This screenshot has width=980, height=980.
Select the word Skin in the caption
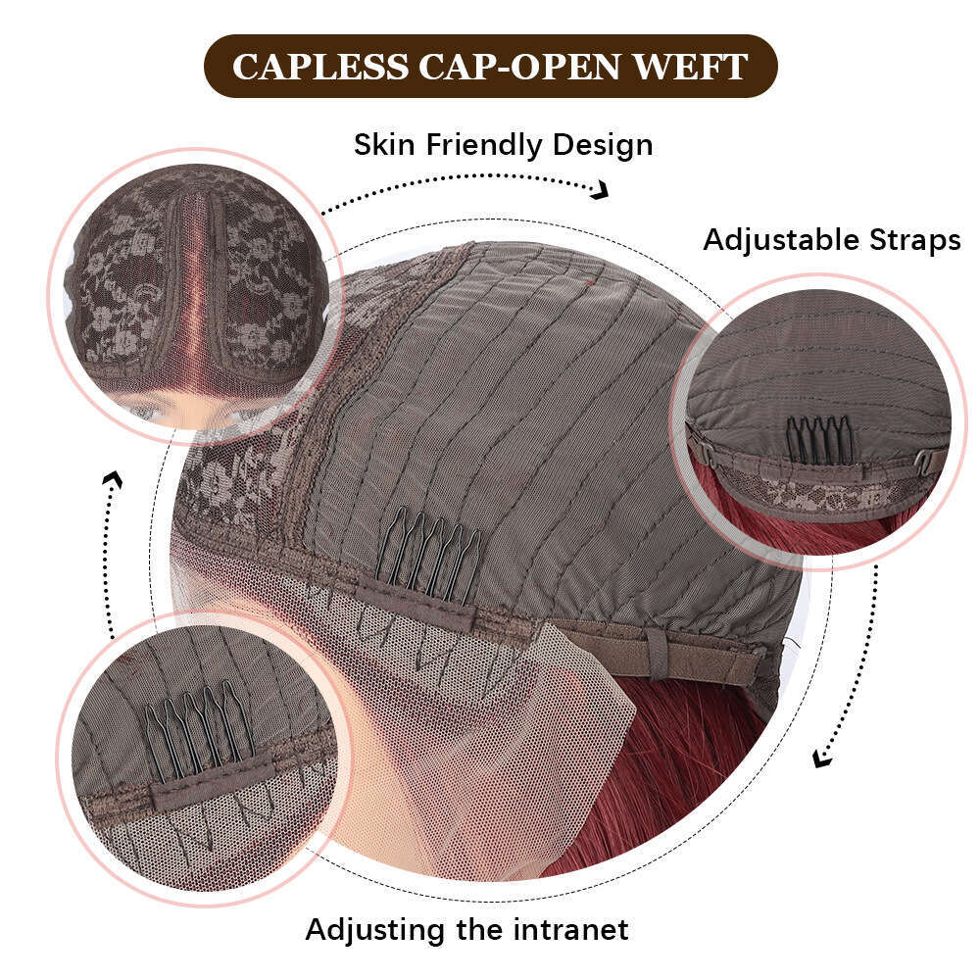[x=386, y=145]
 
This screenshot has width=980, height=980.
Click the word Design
[x=602, y=145]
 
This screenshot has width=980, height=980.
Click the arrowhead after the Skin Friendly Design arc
[x=600, y=190]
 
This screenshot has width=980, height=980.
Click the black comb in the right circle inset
[x=821, y=440]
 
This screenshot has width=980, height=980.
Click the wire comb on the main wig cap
[x=431, y=561]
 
